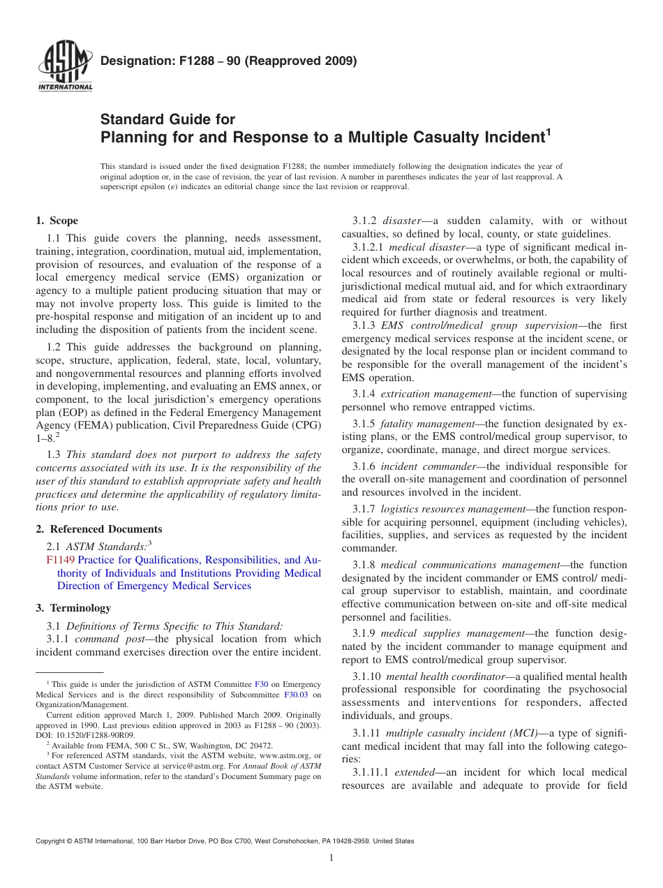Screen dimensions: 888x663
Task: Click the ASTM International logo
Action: [x=64, y=67]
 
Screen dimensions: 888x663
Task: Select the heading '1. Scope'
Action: [x=57, y=221]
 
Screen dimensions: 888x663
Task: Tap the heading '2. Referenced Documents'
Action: [x=98, y=529]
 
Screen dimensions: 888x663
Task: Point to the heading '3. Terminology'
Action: [x=73, y=608]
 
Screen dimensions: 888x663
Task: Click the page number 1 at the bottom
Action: [x=331, y=858]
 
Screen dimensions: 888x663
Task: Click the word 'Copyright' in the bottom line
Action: [x=53, y=841]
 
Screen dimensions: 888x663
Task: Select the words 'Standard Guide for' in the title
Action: [x=168, y=119]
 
